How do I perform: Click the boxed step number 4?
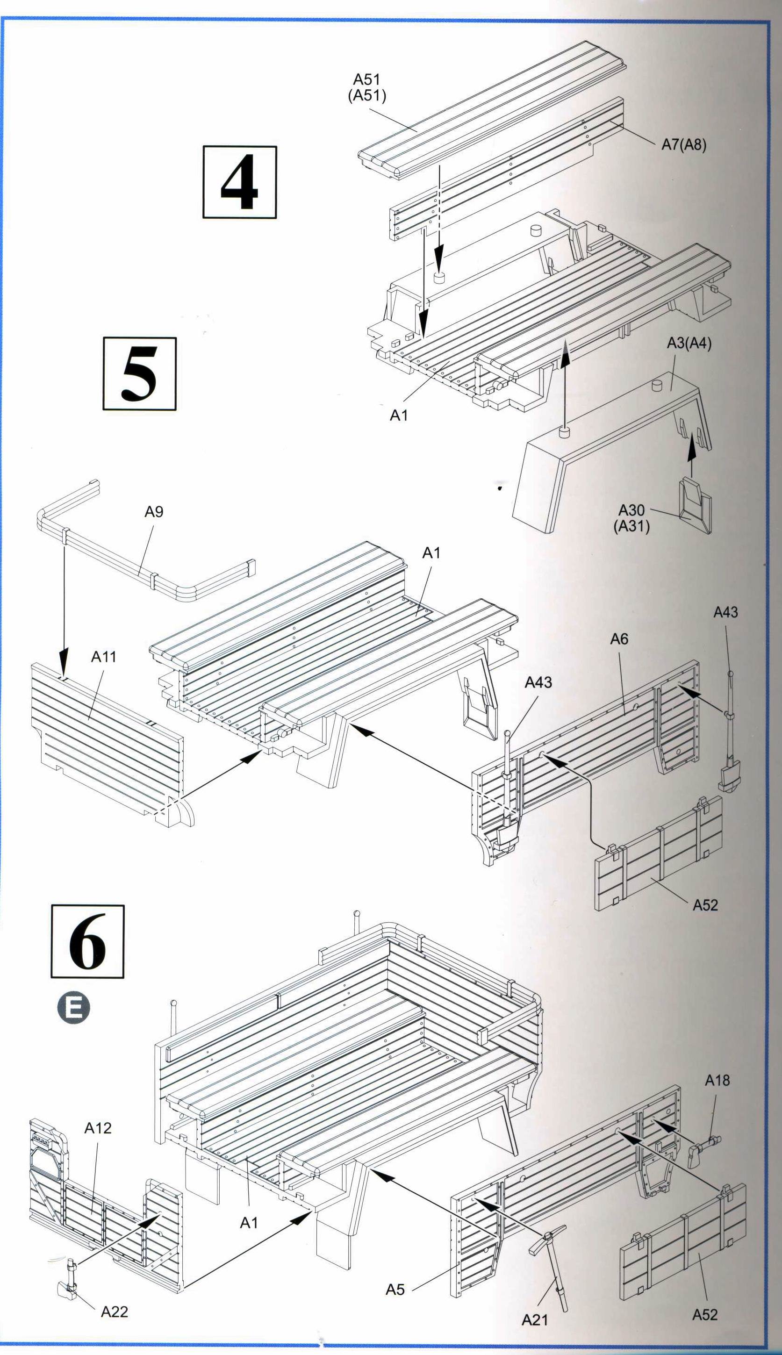point(239,182)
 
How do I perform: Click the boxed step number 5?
point(140,374)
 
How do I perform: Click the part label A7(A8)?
point(684,144)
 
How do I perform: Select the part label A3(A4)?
point(689,344)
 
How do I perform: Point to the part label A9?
point(154,512)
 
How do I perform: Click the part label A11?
point(104,657)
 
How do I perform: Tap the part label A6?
point(619,639)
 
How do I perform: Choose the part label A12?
point(98,1128)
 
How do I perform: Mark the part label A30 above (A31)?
point(631,510)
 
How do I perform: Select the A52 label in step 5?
point(705,905)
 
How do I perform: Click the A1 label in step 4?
point(399,415)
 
